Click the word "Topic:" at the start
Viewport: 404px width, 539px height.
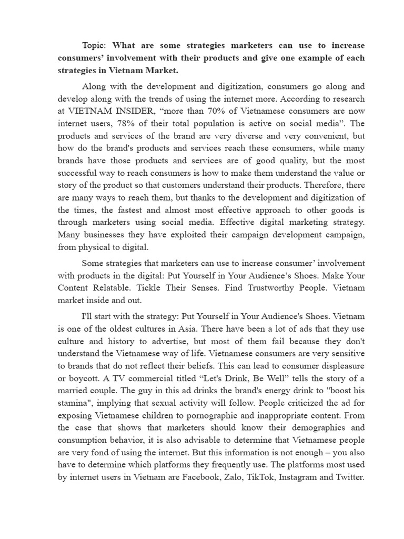(95, 45)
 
